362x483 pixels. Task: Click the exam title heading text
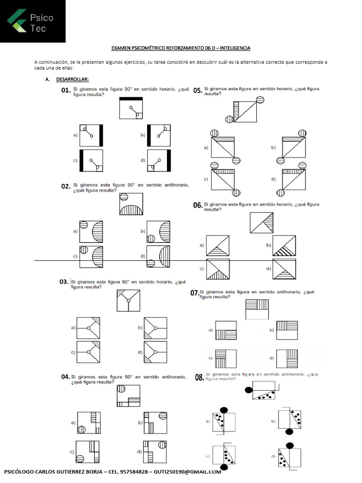coord(181,48)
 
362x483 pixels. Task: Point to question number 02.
coord(66,187)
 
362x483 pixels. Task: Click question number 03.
coord(64,282)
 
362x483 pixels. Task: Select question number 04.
coord(66,377)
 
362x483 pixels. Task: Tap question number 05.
coord(198,91)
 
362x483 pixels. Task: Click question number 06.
coord(198,205)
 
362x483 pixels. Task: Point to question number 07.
coord(194,293)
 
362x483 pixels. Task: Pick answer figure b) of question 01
coord(158,135)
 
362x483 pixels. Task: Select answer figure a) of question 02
coord(91,231)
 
